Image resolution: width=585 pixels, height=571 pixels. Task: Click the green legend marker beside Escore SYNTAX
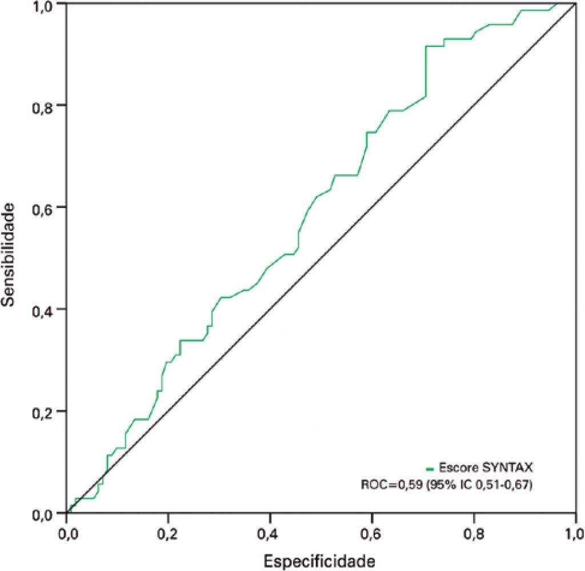tap(430, 468)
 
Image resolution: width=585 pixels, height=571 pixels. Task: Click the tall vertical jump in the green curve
tap(426, 71)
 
